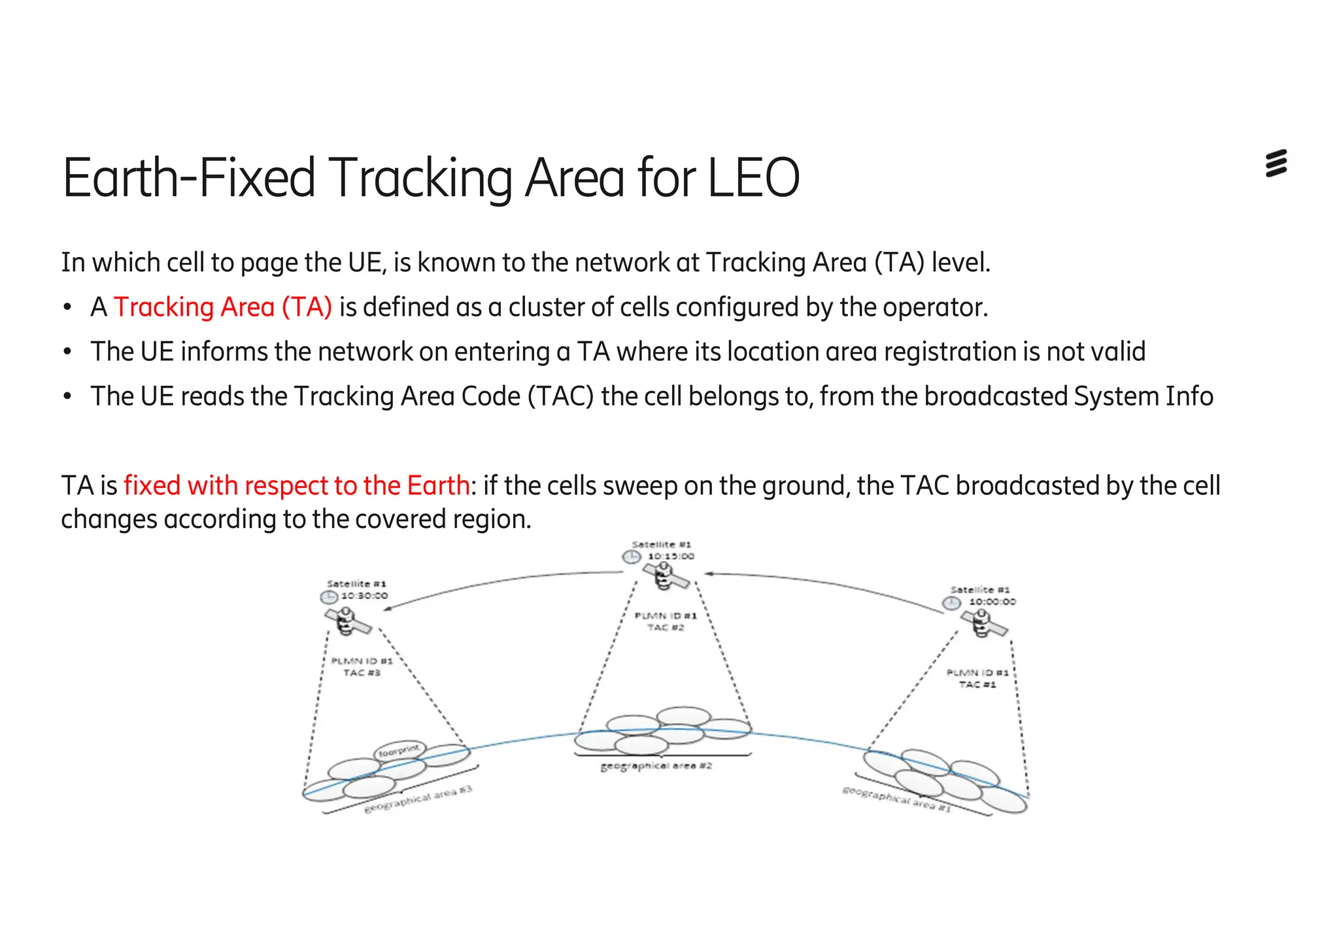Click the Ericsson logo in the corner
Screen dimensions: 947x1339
[x=1276, y=164]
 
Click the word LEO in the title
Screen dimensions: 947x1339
[x=754, y=178]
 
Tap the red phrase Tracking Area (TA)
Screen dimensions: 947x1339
[x=223, y=307]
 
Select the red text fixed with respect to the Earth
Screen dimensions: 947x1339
[x=296, y=486]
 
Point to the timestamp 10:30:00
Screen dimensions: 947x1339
[x=364, y=596]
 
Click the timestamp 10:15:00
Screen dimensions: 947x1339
[x=671, y=557]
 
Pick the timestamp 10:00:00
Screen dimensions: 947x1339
[x=992, y=602]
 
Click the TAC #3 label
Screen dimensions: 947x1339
[x=362, y=673]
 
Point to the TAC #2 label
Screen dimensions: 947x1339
[x=666, y=628]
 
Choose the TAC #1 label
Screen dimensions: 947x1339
[x=977, y=685]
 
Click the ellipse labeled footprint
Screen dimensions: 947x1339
[x=399, y=751]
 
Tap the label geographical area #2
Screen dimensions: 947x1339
[x=656, y=766]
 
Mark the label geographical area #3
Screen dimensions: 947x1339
[x=418, y=800]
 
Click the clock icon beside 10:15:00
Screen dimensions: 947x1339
[x=631, y=557]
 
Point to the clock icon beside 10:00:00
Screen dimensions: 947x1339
[x=951, y=602]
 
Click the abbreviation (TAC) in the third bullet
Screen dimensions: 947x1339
[x=561, y=397]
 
